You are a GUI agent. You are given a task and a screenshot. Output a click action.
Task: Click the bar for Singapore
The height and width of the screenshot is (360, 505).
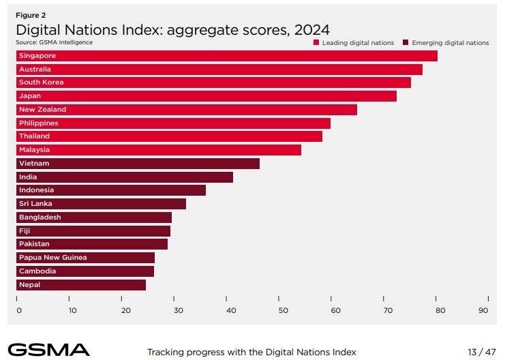pos(227,56)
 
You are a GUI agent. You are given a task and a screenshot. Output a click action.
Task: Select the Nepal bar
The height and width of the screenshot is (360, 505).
pos(81,285)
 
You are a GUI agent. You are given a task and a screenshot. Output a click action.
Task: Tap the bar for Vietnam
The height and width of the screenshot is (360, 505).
pos(138,164)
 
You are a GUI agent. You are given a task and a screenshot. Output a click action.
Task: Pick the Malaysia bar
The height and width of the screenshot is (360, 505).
pos(159,150)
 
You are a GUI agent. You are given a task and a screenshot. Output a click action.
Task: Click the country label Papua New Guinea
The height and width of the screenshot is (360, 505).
pos(53,258)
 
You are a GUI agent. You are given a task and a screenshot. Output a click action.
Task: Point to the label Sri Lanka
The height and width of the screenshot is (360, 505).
pos(35,204)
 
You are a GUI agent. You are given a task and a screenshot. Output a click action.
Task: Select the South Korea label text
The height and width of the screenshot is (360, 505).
pos(41,82)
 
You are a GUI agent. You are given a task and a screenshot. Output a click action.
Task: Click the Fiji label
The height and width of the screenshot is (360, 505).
pos(25,230)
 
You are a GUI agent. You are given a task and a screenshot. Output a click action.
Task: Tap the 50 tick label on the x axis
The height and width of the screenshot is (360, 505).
pos(283,310)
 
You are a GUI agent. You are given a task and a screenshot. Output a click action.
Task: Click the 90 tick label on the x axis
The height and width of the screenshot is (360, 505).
pos(483,310)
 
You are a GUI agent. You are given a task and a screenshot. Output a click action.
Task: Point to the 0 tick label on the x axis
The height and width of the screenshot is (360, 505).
pos(19,310)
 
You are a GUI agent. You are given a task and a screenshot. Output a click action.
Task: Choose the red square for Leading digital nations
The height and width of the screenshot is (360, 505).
pos(316,42)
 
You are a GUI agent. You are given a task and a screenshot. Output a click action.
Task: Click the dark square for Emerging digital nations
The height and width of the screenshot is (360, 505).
pos(405,42)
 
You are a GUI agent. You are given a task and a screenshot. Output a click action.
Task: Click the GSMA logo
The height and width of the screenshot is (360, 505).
pos(48,350)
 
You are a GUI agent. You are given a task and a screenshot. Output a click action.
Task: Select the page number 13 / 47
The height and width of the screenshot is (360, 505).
pos(482,352)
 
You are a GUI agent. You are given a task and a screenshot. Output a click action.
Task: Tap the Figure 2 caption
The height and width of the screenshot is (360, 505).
pos(31,15)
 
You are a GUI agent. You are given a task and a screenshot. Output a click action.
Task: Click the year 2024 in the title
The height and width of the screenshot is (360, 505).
pos(311,30)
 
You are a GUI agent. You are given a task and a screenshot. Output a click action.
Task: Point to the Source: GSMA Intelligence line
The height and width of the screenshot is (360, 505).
pos(54,42)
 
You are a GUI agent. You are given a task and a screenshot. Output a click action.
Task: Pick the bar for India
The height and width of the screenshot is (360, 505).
pos(125,177)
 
